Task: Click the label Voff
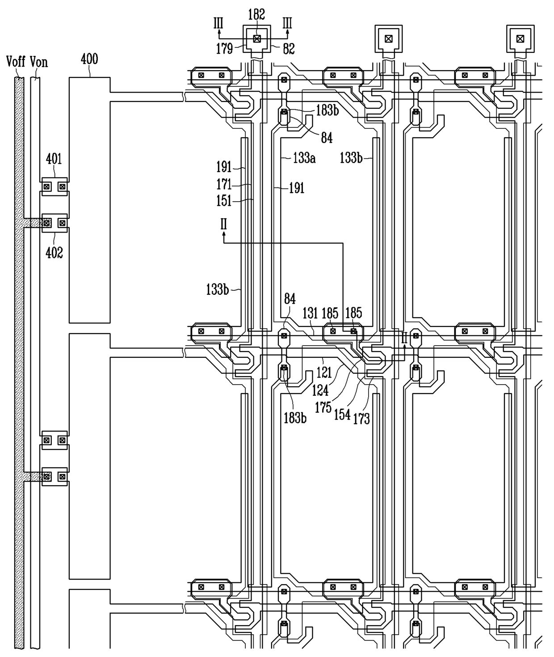(16, 62)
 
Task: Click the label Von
(39, 62)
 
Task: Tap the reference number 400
(89, 59)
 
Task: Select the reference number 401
(54, 159)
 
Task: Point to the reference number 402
(55, 252)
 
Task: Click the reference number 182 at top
(256, 14)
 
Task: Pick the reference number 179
(224, 49)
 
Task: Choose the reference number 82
(289, 49)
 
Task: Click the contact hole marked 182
(257, 39)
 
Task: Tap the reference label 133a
(304, 157)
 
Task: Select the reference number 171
(224, 184)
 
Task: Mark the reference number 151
(224, 200)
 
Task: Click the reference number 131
(311, 314)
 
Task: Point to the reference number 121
(324, 373)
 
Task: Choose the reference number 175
(323, 407)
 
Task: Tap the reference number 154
(342, 415)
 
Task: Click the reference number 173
(361, 419)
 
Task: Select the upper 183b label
(327, 110)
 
